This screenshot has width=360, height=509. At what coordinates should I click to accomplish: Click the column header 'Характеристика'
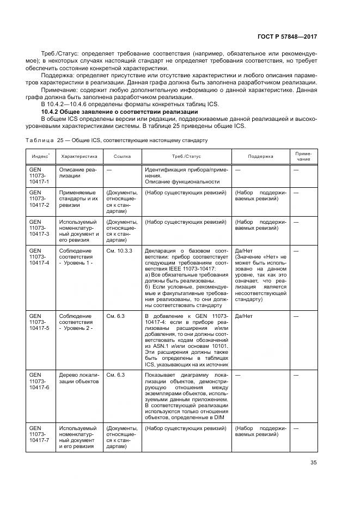[79, 156]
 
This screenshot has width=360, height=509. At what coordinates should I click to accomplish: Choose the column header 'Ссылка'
[122, 156]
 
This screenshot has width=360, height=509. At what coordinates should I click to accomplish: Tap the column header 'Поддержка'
[260, 156]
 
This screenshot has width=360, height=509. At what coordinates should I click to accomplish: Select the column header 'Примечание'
[303, 156]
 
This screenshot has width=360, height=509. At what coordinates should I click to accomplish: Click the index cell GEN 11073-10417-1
[39, 176]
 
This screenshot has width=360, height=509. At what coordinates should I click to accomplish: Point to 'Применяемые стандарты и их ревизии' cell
[77, 199]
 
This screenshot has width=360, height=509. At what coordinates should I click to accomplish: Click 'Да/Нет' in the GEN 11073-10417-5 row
[242, 315]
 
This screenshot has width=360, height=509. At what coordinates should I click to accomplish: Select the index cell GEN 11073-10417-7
[39, 438]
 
